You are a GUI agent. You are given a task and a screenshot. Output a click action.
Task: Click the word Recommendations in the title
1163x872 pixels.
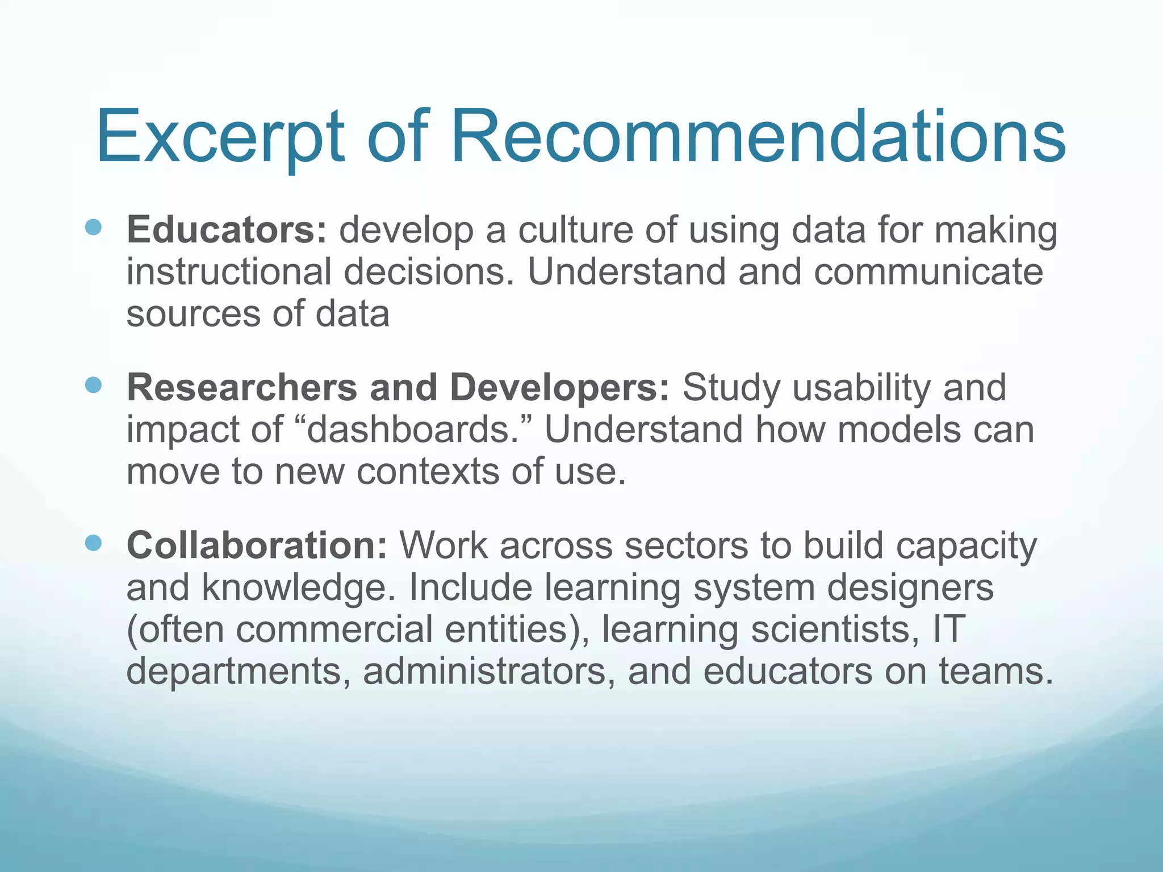(x=758, y=138)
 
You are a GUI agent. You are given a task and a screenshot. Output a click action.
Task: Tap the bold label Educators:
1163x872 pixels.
(x=227, y=230)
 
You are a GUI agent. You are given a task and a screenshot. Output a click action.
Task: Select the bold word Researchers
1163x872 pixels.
(x=242, y=388)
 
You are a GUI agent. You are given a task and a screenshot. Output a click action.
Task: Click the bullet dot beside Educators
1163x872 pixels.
(x=93, y=228)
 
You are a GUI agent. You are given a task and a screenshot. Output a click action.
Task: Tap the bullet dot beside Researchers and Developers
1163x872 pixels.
(x=93, y=385)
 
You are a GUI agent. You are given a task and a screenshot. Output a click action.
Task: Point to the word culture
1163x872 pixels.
(x=575, y=230)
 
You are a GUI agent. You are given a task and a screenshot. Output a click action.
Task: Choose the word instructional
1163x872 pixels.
(x=228, y=272)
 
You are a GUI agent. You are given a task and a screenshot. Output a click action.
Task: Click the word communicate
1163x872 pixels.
(x=928, y=272)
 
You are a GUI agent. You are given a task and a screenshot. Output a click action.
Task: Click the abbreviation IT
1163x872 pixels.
(x=949, y=630)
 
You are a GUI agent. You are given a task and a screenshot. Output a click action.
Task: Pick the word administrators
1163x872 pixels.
(x=489, y=672)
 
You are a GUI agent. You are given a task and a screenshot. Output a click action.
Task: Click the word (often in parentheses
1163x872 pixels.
(x=175, y=630)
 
